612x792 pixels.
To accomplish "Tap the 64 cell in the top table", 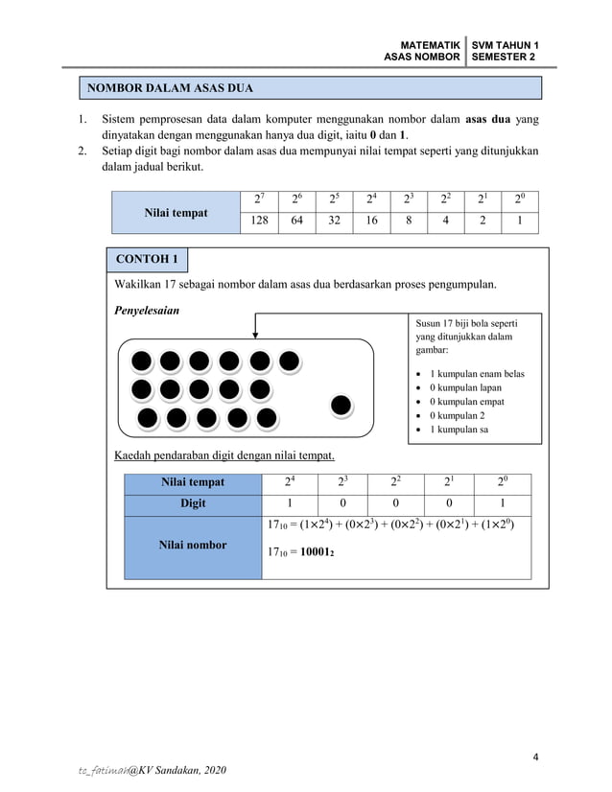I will click(296, 222).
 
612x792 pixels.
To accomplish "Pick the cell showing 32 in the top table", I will click(333, 222).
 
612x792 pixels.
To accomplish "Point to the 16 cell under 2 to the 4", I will click(370, 222).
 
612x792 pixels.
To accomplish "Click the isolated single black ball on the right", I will click(341, 406).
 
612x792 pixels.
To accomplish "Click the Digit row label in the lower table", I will click(193, 503).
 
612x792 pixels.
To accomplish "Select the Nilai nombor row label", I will click(193, 545).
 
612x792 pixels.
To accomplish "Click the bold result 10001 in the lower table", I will click(317, 552).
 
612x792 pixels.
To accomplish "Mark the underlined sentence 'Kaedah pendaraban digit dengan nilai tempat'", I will click(230, 454).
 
